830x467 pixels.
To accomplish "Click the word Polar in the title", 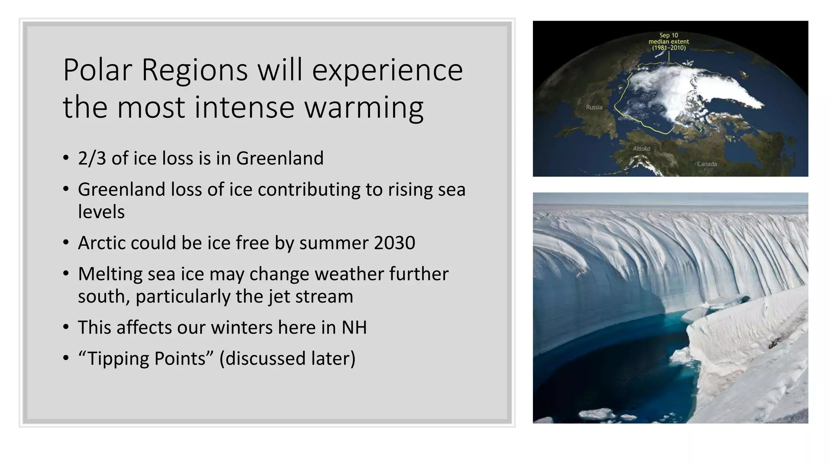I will tap(97, 70).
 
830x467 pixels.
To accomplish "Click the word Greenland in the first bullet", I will tap(280, 158).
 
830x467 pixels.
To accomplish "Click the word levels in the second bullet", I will tap(101, 212).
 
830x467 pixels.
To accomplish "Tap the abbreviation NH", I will tap(354, 328).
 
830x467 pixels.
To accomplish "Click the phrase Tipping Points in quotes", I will tap(146, 358).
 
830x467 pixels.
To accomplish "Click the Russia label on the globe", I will tap(594, 107).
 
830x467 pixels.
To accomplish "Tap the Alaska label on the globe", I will tap(641, 149).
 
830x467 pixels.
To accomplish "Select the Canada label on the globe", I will tap(707, 164).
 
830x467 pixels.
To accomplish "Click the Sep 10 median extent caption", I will tap(669, 41).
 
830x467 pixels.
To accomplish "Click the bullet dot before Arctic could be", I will tap(66, 243).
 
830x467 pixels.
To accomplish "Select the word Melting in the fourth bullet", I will tap(110, 274).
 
